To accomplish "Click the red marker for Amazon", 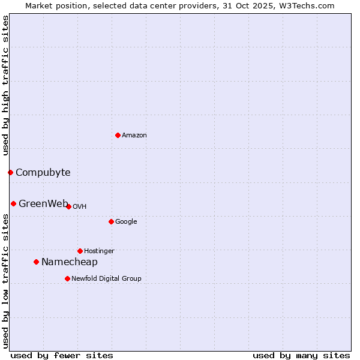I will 118,135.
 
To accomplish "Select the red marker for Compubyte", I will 10,173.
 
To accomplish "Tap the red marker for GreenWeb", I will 13,203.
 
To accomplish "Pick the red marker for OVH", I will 68,206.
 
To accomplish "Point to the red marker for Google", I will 111,221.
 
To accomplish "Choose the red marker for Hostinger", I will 80,251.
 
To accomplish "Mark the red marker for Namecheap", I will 36,262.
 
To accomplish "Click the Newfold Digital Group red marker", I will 67,278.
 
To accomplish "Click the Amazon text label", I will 134,136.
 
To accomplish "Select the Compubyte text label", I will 43,173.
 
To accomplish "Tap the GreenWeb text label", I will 43,203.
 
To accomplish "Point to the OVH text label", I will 80,207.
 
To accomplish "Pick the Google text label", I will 126,222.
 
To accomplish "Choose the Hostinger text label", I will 99,251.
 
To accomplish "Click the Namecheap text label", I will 69,262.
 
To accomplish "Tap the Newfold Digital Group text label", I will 106,279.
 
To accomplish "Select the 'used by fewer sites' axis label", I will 62,355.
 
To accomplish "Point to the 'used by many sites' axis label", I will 301,355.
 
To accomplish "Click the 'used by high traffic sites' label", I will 6,86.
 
